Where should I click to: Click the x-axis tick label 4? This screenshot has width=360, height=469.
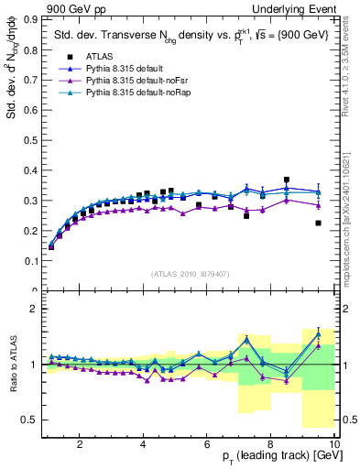(144, 445)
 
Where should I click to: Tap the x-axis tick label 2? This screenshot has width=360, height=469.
(81, 445)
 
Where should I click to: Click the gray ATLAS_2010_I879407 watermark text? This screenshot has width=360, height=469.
(191, 272)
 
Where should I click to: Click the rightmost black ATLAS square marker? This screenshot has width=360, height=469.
(318, 223)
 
